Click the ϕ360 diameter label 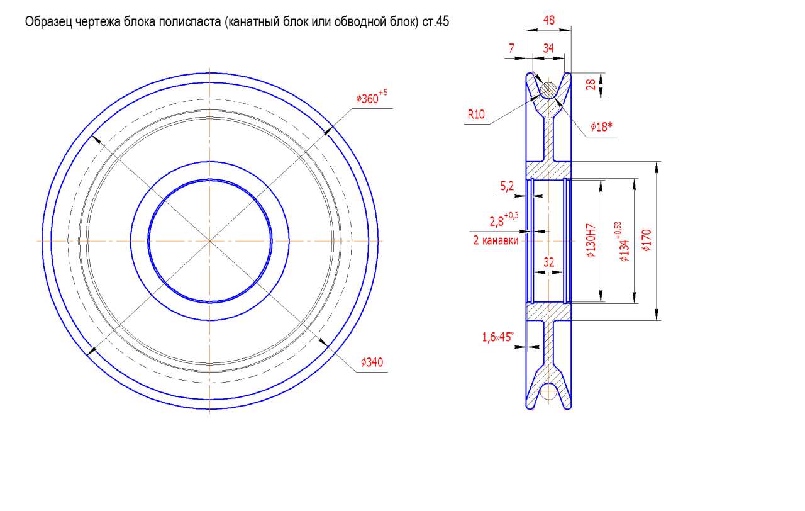click(x=372, y=97)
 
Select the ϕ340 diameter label click(x=372, y=362)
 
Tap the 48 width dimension click(x=549, y=20)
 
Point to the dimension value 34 click(x=548, y=48)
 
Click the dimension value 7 click(x=511, y=48)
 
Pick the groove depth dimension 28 click(x=591, y=84)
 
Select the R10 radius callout click(x=476, y=115)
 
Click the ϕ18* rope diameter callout click(x=601, y=126)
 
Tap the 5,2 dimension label click(x=507, y=186)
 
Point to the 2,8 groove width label click(x=504, y=220)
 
